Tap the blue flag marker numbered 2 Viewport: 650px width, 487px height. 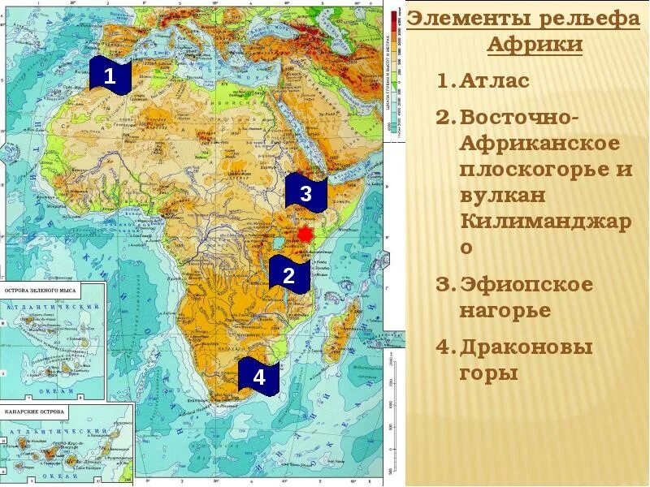[288, 275]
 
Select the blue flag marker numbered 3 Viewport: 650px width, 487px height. [305, 194]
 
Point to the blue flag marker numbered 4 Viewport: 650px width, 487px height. [258, 377]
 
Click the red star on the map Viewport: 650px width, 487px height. [305, 234]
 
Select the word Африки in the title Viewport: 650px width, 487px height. [535, 44]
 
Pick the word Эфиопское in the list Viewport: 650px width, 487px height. [526, 285]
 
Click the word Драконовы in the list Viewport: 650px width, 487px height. [526, 347]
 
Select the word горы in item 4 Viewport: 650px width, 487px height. [488, 374]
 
